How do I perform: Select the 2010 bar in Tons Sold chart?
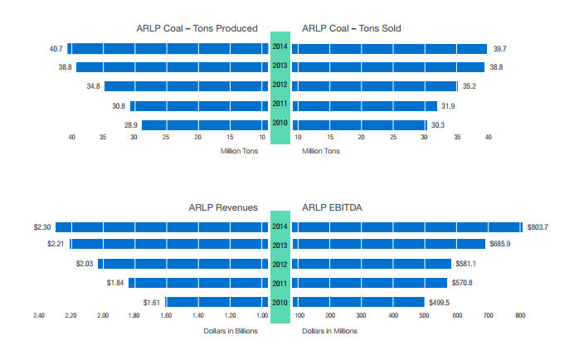pos(358,124)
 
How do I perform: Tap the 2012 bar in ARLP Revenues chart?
pos(183,264)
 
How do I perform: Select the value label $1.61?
pos(152,302)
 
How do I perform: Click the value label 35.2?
pos(470,85)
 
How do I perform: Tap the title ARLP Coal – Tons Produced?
pos(197,28)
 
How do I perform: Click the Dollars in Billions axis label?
pos(231,331)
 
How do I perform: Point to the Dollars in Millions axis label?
pos(329,331)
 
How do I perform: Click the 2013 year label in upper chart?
pos(280,66)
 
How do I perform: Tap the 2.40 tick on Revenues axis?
pos(39,316)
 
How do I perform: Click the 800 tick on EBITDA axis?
pos(521,316)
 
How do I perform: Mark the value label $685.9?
pos(501,244)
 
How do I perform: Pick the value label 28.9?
pos(130,124)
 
